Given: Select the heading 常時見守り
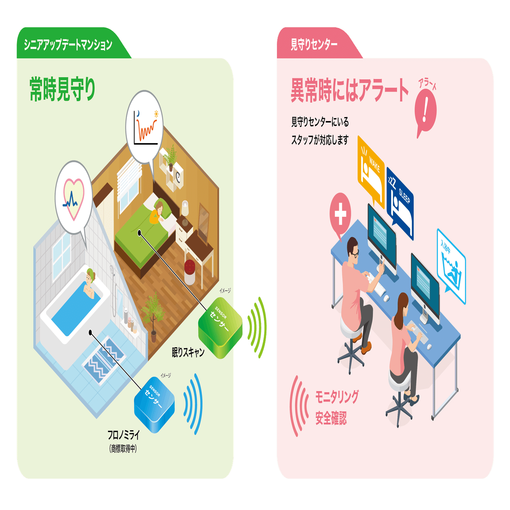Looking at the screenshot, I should (62, 89).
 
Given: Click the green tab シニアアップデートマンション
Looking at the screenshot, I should (68, 45).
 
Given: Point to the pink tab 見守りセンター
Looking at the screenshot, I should (314, 45).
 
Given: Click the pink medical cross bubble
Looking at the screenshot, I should (340, 214).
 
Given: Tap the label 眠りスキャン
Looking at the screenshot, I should (188, 352).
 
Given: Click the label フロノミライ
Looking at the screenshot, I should (124, 435).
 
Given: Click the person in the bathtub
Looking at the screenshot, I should (89, 285).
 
